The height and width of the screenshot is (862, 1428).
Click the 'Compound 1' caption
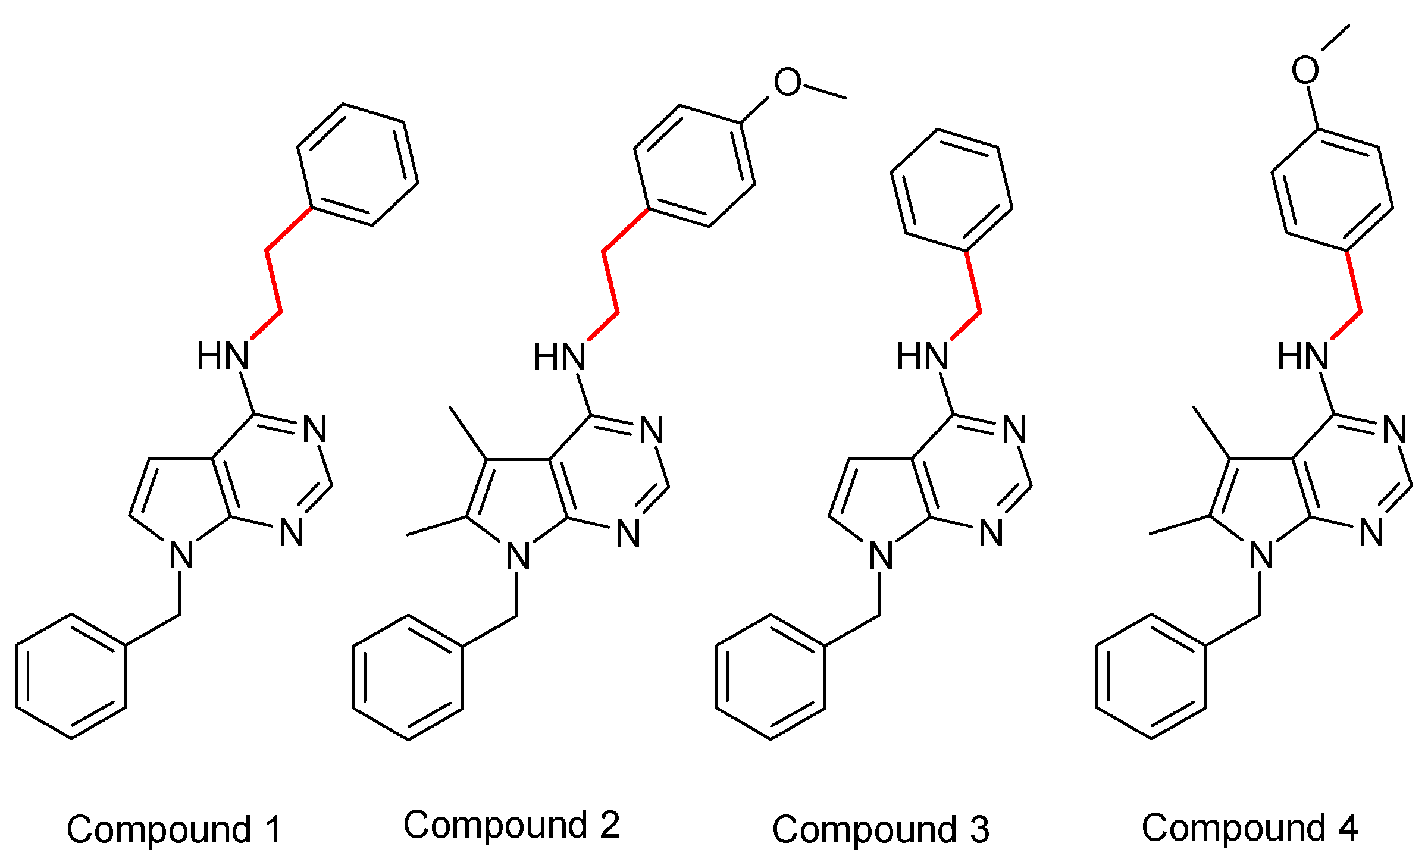click(174, 829)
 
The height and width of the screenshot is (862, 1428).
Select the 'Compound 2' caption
click(512, 825)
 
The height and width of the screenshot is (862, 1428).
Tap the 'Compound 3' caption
click(881, 829)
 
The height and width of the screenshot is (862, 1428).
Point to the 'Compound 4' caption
click(1249, 827)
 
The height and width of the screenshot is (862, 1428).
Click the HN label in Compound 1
click(223, 356)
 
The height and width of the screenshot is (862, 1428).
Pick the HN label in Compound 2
click(559, 357)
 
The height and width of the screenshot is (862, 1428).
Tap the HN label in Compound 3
click(922, 356)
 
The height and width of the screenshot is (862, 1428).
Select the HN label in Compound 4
click(1303, 356)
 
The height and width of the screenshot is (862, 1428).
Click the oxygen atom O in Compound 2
click(787, 82)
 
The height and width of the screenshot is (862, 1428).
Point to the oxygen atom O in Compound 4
click(1305, 70)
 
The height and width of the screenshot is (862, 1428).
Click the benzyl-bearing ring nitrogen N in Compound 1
click(181, 555)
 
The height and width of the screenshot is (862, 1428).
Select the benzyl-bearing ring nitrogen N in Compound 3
click(881, 556)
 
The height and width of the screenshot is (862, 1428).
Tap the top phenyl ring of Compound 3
click(898, 202)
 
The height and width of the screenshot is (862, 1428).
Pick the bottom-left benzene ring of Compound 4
click(1097, 676)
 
